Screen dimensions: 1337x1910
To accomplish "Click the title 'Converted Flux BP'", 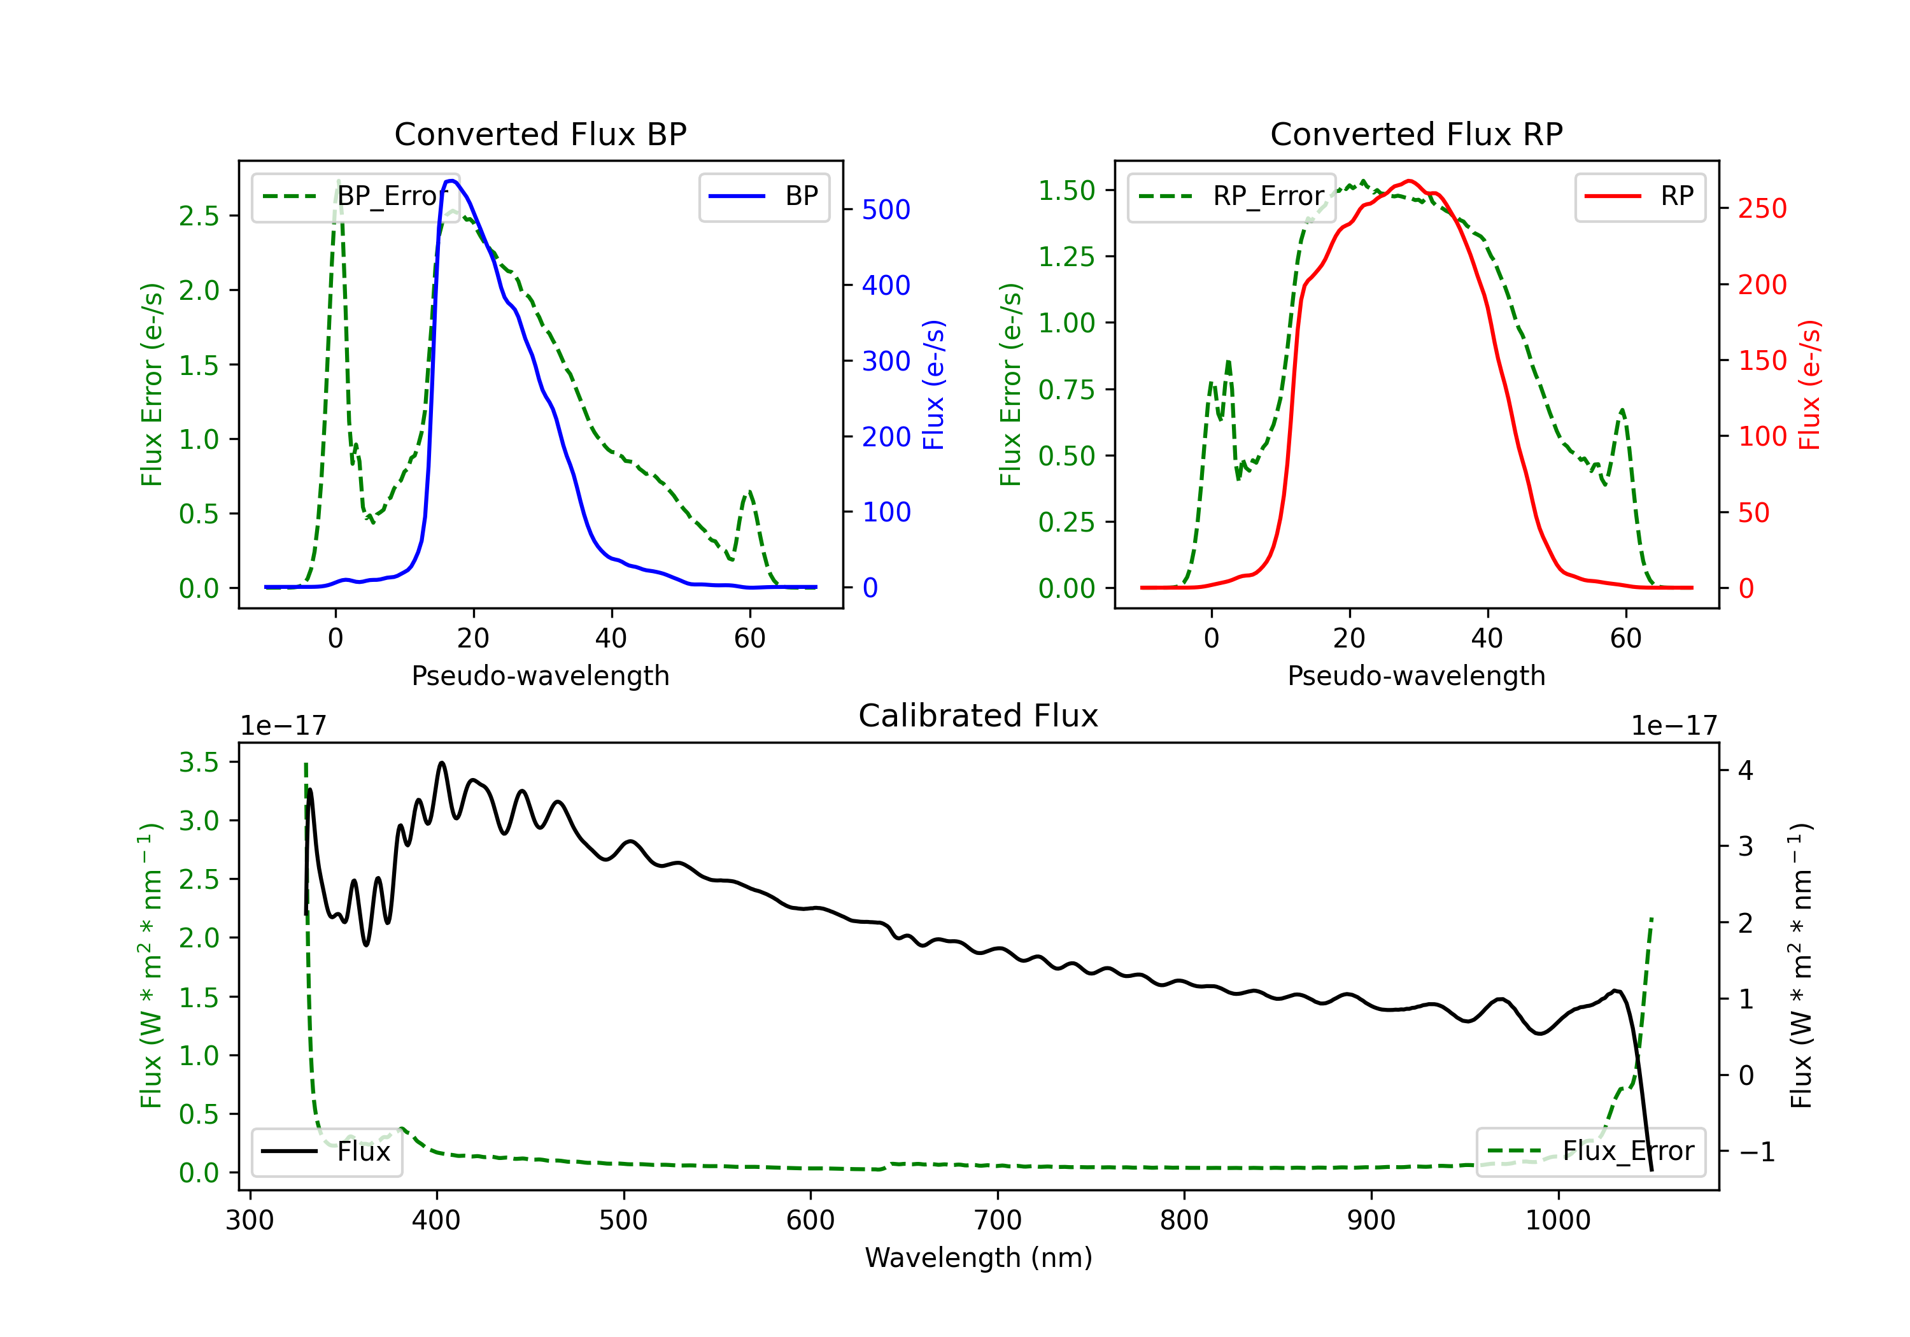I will [x=540, y=134].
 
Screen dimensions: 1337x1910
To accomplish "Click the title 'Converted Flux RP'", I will [x=1416, y=134].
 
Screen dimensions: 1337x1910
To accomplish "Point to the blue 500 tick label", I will [x=886, y=209].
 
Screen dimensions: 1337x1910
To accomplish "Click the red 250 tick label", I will [x=1762, y=209].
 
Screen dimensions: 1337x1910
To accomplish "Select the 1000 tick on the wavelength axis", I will [x=1557, y=1220].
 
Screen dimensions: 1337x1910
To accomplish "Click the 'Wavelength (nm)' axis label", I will [x=979, y=1257].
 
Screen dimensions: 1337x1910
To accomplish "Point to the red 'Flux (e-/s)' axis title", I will [x=1810, y=385].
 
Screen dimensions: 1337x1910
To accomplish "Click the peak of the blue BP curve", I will [x=451, y=181].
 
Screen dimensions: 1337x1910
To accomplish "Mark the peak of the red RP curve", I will [x=1408, y=181].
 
